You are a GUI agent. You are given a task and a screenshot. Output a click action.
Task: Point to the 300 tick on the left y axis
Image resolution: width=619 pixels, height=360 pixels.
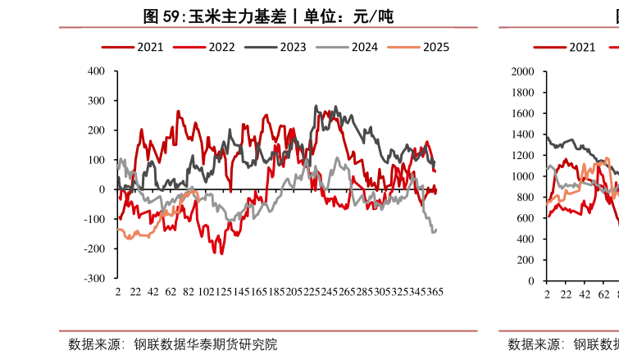tap(96, 101)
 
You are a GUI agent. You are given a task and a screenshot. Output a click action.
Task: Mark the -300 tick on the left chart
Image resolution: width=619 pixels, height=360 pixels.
tap(94, 278)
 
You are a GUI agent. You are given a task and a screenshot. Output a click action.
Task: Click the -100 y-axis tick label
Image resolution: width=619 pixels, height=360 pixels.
tap(94, 219)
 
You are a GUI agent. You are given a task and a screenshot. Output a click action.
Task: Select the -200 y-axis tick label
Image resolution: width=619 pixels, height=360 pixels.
tap(94, 248)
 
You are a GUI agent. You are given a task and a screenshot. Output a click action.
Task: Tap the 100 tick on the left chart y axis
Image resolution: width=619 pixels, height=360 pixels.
tap(96, 160)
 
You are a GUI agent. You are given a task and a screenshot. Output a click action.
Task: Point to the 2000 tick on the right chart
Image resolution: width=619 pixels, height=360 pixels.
tap(522, 72)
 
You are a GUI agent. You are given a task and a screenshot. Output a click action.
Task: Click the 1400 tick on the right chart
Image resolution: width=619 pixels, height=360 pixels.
tap(522, 134)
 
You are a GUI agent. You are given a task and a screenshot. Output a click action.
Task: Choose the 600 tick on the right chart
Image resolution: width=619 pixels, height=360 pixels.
tap(525, 218)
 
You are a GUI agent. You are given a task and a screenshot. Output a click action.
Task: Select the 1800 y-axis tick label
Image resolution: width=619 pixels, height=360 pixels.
tap(522, 93)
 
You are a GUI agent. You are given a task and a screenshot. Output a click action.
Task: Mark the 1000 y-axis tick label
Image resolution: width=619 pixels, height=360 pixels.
tap(522, 176)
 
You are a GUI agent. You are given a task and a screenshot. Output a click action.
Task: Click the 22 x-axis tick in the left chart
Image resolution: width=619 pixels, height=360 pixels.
tap(135, 291)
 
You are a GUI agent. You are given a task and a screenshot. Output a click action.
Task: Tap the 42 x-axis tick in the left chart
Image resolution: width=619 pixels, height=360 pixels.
tap(152, 291)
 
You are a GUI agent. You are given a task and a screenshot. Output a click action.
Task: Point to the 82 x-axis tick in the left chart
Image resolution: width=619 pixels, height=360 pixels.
tap(188, 291)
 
